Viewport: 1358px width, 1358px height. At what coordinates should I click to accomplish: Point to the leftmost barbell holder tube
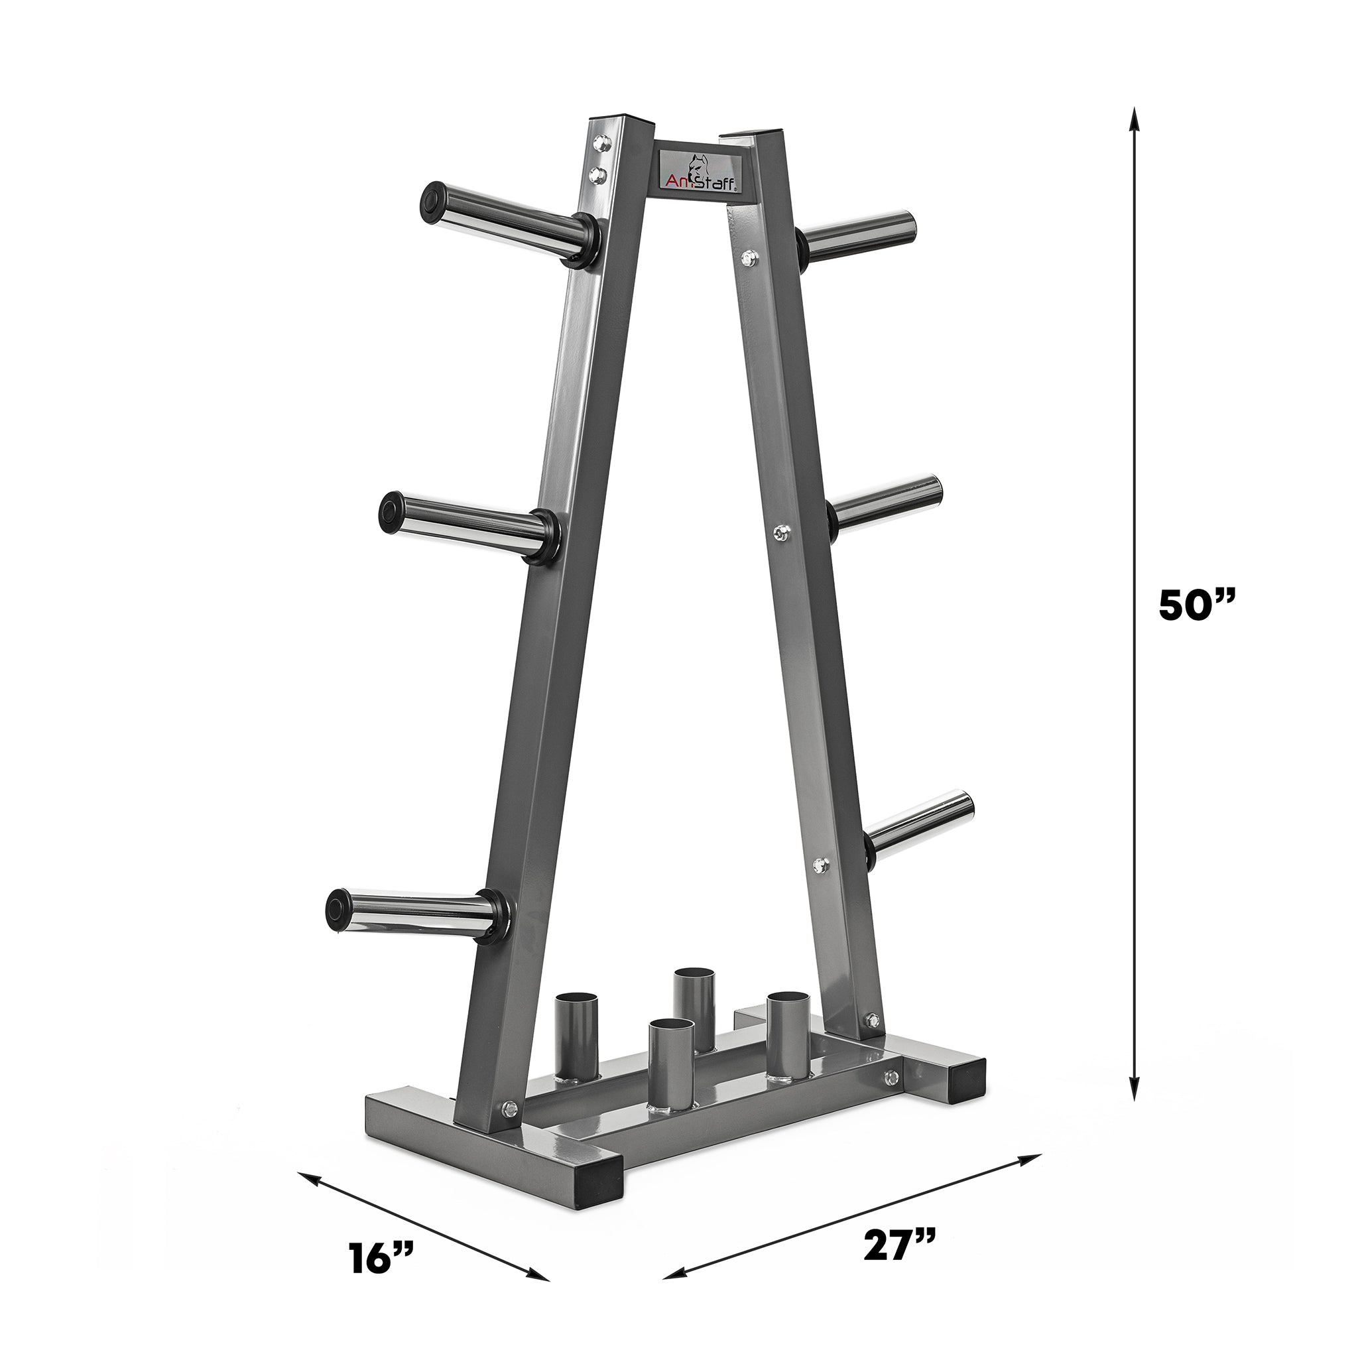click(574, 1044)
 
